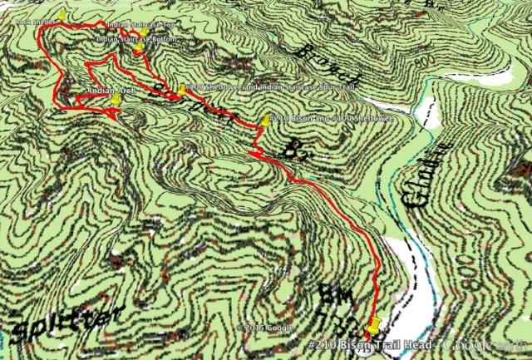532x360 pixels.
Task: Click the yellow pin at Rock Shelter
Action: pos(62,15)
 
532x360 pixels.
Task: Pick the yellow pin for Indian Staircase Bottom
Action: pos(138,49)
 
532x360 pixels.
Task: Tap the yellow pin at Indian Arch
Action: pos(116,99)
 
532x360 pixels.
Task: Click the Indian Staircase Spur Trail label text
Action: pos(249,87)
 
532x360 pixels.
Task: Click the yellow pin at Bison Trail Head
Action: pos(373,323)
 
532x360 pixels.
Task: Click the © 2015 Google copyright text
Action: pos(265,328)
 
